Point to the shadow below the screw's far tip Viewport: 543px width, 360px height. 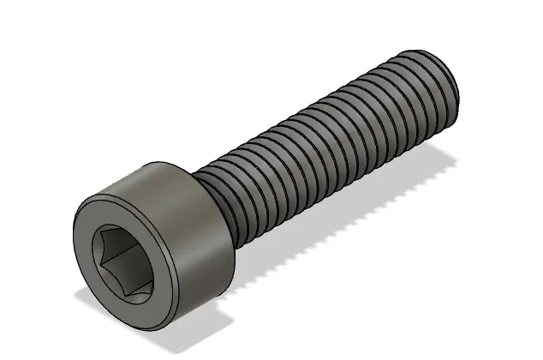pos(445,159)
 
